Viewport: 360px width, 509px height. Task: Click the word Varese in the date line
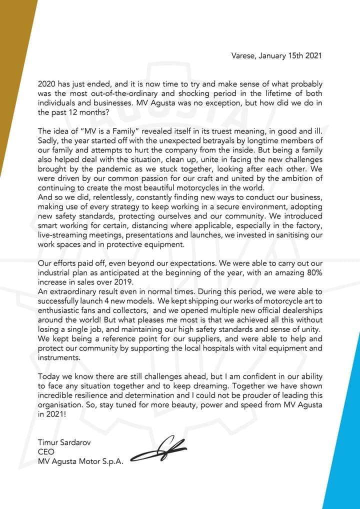(243, 55)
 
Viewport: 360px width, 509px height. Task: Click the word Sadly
(48, 140)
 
